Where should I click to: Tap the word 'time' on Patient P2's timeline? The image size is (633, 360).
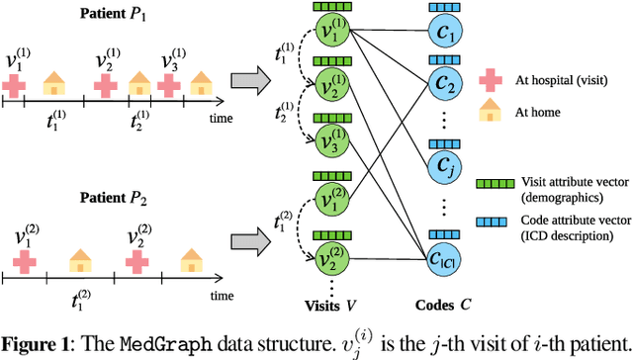pyautogui.click(x=223, y=296)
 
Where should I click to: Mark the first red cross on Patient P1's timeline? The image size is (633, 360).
pyautogui.click(x=13, y=86)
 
